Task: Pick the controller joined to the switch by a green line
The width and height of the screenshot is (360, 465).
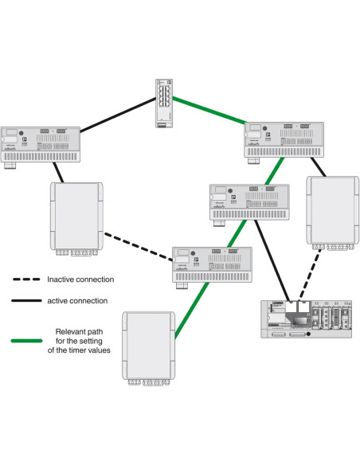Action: point(282,139)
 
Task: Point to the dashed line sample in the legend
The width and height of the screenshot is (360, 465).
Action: point(27,279)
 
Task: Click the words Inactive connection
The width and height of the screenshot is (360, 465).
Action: point(80,279)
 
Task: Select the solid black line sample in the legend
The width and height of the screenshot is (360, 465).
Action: point(27,301)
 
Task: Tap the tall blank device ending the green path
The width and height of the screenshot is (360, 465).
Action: point(148,346)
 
